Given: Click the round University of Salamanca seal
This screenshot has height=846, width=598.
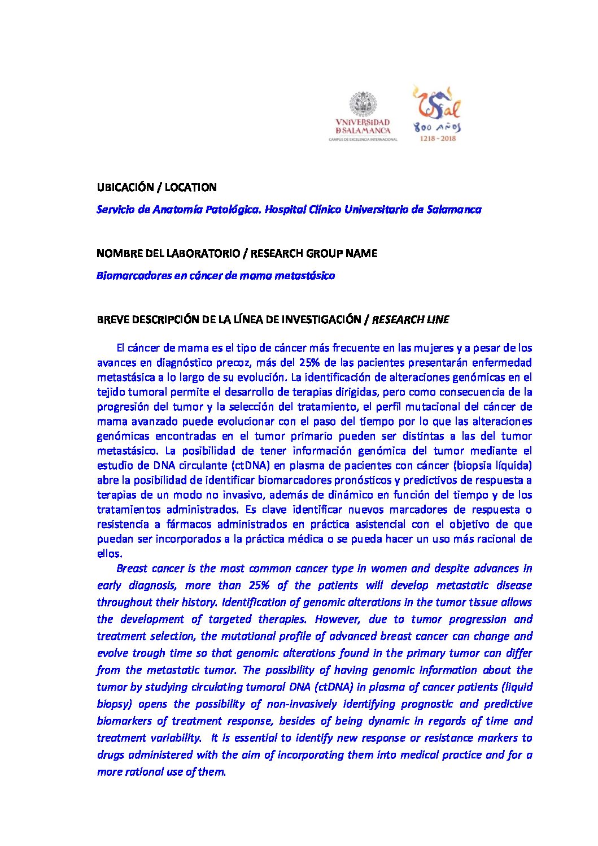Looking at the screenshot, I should (364, 105).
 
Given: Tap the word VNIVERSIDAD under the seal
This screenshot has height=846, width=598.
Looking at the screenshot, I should (363, 123).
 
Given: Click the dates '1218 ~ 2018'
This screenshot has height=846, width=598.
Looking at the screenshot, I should (438, 138).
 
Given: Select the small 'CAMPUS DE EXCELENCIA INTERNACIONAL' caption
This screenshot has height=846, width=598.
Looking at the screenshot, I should (363, 139).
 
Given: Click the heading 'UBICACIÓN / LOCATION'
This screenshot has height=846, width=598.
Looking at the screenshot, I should (156, 187).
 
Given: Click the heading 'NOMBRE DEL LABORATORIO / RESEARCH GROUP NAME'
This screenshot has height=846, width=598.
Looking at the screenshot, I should (237, 253).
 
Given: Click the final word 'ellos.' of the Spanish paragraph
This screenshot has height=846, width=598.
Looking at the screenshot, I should (110, 554).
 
